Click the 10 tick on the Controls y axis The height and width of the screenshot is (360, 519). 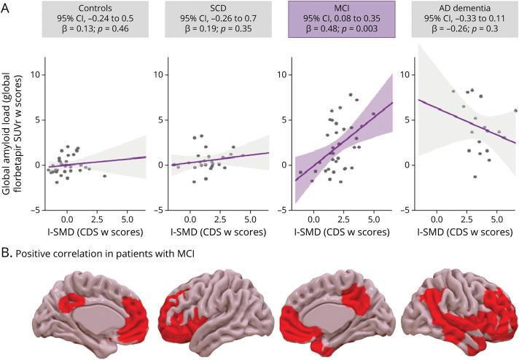pyautogui.click(x=34, y=75)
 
